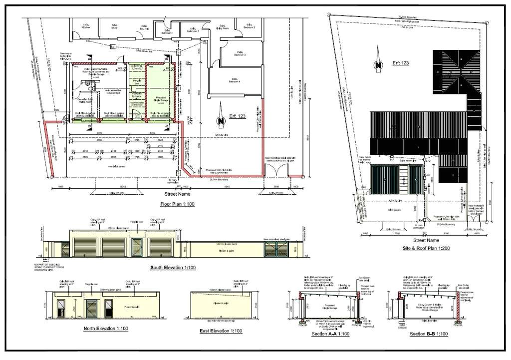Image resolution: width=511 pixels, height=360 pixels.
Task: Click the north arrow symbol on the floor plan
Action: tap(219, 120)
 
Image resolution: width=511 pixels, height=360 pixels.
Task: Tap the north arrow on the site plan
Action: tap(379, 64)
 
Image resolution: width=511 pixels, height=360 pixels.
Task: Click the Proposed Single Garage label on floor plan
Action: tap(161, 99)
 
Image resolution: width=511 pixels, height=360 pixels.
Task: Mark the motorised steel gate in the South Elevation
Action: tap(276, 249)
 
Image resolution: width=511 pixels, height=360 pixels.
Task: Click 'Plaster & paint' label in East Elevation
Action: tap(217, 303)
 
